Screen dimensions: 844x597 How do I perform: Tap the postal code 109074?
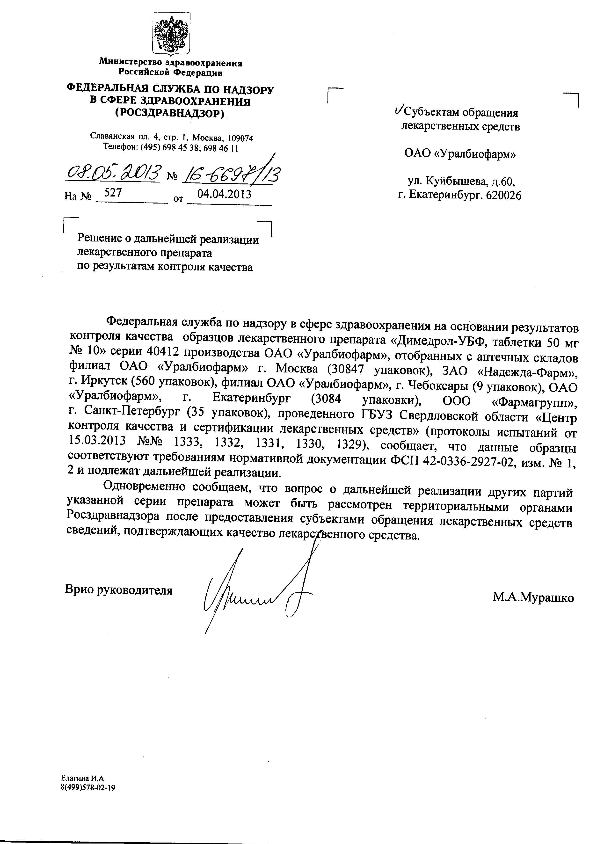[x=241, y=138]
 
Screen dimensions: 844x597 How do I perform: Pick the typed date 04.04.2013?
[x=224, y=194]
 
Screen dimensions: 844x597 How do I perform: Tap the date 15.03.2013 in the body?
[x=97, y=441]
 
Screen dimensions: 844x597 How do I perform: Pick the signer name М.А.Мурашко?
[x=533, y=598]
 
